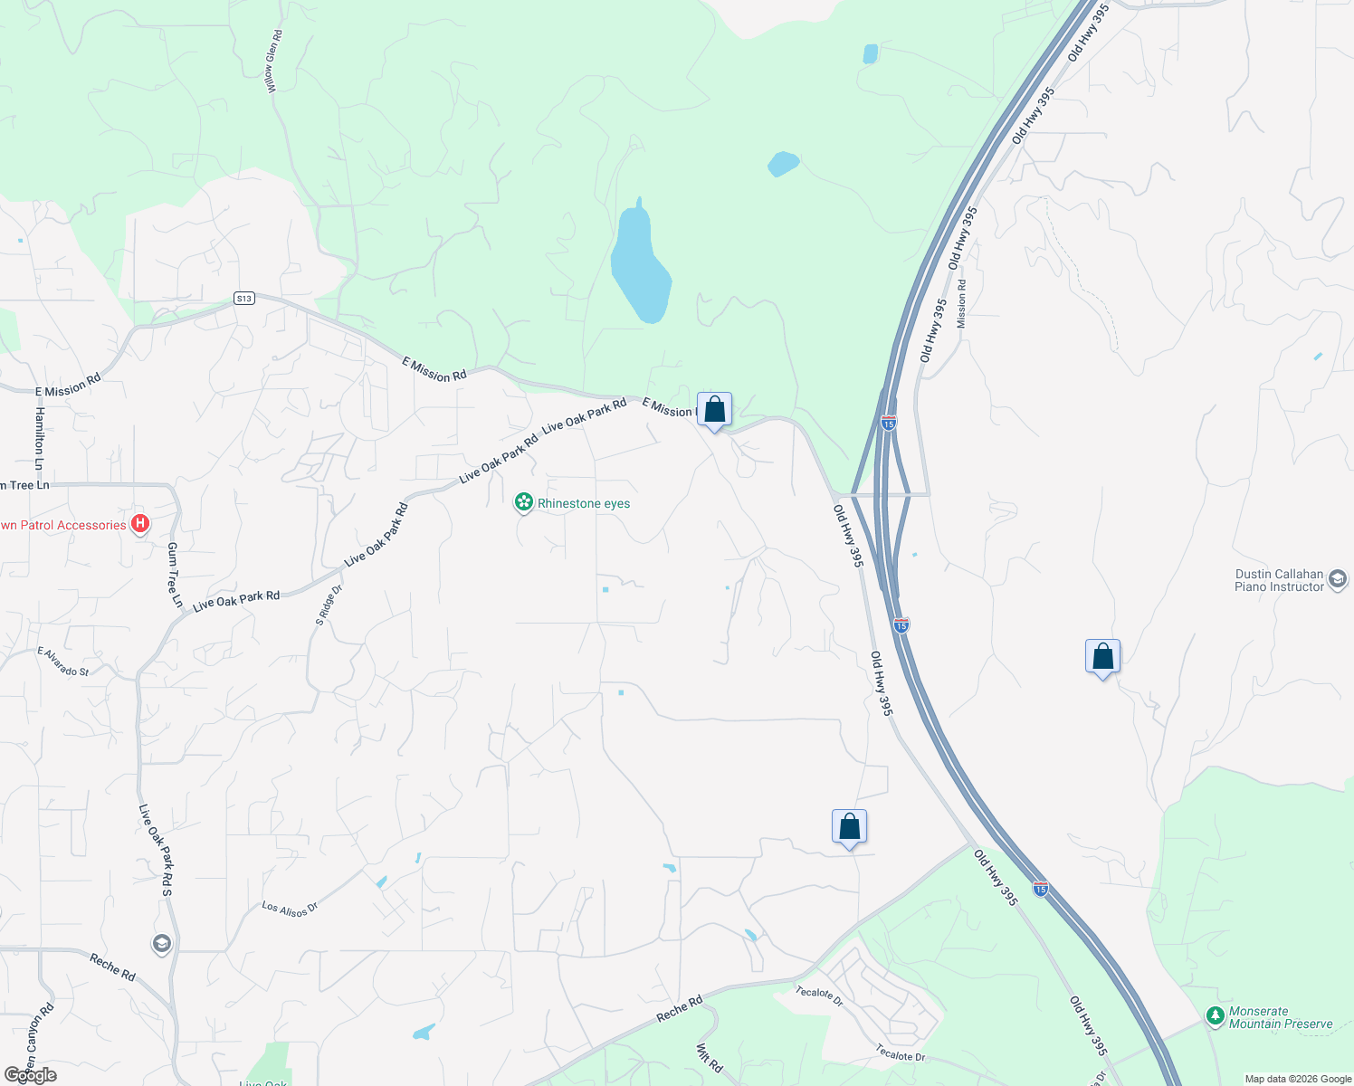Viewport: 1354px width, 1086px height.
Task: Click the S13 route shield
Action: [243, 298]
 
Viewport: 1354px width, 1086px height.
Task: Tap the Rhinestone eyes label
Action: [584, 503]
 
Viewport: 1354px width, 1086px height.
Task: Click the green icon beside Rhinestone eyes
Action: [523, 502]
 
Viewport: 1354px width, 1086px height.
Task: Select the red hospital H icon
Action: [140, 523]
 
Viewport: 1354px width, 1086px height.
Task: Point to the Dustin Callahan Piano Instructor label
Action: [1279, 580]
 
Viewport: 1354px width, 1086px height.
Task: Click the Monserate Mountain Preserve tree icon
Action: [1216, 1016]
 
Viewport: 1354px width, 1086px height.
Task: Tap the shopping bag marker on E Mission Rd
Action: [714, 410]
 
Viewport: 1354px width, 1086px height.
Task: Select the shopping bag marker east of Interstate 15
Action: [1102, 657]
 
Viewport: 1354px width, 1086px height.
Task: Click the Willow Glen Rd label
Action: [273, 60]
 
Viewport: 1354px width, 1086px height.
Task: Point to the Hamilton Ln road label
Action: [39, 438]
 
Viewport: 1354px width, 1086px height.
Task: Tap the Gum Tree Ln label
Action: [174, 575]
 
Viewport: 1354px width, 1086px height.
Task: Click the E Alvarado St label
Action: [63, 662]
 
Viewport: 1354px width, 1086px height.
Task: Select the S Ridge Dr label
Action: [329, 605]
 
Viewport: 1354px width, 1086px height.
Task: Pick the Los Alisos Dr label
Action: [290, 909]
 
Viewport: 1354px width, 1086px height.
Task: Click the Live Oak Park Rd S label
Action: [155, 850]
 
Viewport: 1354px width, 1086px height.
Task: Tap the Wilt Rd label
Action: [709, 1058]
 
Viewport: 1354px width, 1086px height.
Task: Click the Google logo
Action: [31, 1075]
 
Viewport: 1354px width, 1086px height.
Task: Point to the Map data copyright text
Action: [1298, 1079]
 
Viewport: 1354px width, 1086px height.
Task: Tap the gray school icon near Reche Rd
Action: [162, 944]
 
